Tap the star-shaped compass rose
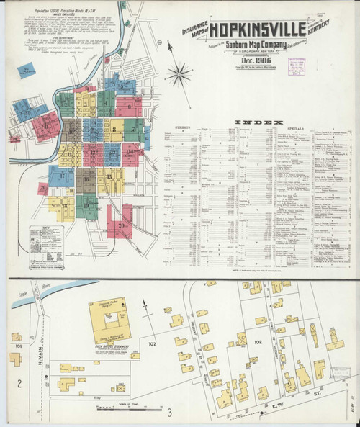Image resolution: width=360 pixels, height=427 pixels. [x=179, y=74]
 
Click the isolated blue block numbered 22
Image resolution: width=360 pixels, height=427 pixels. [x=28, y=70]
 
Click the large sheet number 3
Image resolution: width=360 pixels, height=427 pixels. [x=170, y=413]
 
